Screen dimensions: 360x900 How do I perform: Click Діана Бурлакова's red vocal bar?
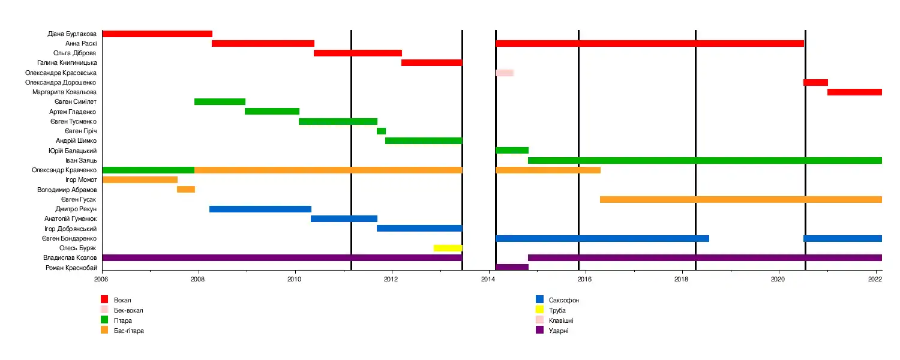(157, 34)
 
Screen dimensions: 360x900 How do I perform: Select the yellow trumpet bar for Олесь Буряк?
(448, 248)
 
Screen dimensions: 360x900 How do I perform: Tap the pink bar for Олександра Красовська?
(504, 73)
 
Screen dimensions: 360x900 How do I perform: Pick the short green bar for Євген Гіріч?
(381, 131)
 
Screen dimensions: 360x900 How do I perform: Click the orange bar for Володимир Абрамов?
(186, 190)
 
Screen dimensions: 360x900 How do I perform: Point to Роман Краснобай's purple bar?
(512, 267)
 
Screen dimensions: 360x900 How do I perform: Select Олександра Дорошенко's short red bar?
(815, 82)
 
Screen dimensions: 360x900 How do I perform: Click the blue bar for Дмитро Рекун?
(260, 209)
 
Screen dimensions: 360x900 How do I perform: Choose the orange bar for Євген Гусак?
(740, 199)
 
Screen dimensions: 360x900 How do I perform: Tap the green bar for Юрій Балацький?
(512, 150)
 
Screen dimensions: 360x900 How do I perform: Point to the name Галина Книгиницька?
(67, 63)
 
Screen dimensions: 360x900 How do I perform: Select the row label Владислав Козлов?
(70, 258)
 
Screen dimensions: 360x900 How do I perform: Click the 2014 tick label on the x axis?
(488, 279)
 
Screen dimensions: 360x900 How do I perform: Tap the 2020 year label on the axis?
(778, 279)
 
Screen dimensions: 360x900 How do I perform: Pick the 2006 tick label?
(102, 279)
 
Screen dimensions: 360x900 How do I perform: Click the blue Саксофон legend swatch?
(539, 299)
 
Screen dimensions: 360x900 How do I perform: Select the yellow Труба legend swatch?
(539, 310)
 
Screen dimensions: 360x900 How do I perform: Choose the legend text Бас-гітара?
(129, 331)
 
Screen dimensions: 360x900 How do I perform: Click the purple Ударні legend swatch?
(539, 330)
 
